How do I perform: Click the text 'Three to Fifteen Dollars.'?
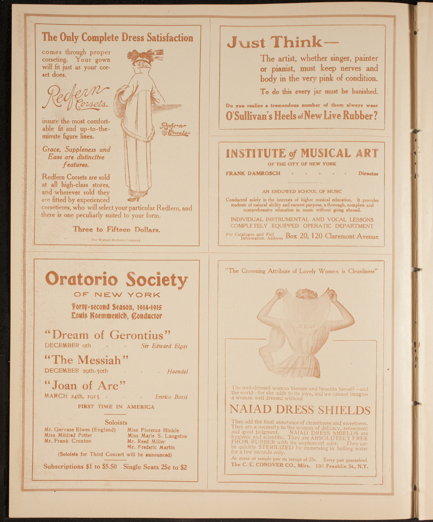click(117, 229)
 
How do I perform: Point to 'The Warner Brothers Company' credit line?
click(116, 240)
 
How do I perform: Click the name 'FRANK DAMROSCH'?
click(253, 173)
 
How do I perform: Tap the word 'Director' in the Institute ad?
click(368, 174)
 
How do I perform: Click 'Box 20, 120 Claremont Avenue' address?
click(332, 236)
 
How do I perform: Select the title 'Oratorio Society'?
click(117, 279)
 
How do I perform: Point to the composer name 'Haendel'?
click(178, 372)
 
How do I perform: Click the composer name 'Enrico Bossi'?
click(171, 397)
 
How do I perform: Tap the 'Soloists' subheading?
click(116, 422)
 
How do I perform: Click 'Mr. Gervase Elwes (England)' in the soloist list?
click(80, 430)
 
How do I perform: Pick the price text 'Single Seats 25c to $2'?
click(155, 467)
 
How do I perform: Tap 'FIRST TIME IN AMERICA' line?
click(116, 406)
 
